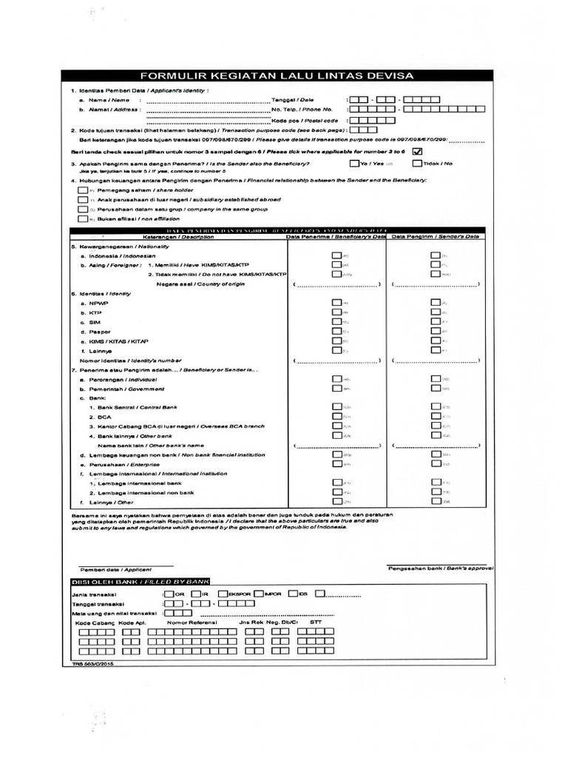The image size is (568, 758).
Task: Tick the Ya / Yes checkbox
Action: click(354, 163)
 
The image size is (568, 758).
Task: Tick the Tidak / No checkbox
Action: click(417, 163)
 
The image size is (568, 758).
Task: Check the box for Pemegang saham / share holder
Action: click(81, 190)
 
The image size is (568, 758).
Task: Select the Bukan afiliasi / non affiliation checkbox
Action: click(81, 219)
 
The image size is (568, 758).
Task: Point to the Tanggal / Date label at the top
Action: click(293, 99)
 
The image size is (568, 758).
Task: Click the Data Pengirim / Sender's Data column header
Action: click(435, 236)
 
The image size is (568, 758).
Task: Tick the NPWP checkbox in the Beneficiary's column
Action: click(337, 303)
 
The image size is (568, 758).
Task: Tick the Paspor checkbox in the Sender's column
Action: click(436, 332)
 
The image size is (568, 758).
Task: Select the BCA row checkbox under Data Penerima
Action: click(337, 417)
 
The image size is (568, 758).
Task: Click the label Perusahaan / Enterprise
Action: click(124, 464)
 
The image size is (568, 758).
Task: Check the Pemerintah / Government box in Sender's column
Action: click(436, 388)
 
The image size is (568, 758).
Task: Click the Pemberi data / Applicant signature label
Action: click(115, 569)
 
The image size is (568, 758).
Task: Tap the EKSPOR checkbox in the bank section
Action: click(223, 594)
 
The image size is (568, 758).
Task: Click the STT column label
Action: click(316, 623)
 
